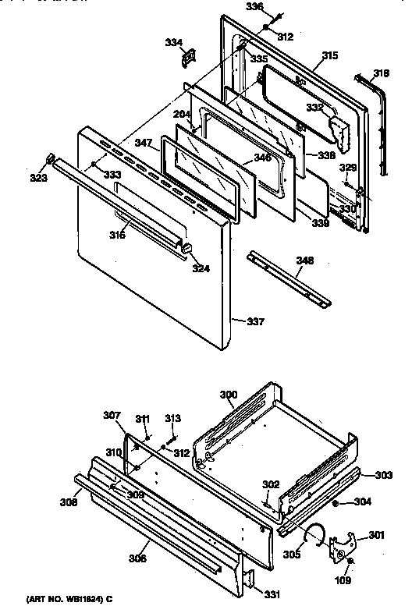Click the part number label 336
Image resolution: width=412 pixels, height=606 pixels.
click(x=255, y=7)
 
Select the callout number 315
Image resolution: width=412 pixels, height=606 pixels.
click(x=330, y=55)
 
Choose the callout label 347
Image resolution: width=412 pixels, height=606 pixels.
click(x=143, y=144)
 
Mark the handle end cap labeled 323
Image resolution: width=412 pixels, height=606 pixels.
click(x=52, y=160)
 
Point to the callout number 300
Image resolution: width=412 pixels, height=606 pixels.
click(x=228, y=395)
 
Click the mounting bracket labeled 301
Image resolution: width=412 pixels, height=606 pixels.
click(x=343, y=543)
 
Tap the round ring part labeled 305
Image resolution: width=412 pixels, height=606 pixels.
click(x=314, y=533)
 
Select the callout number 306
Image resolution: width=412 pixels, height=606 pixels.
click(x=137, y=558)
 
